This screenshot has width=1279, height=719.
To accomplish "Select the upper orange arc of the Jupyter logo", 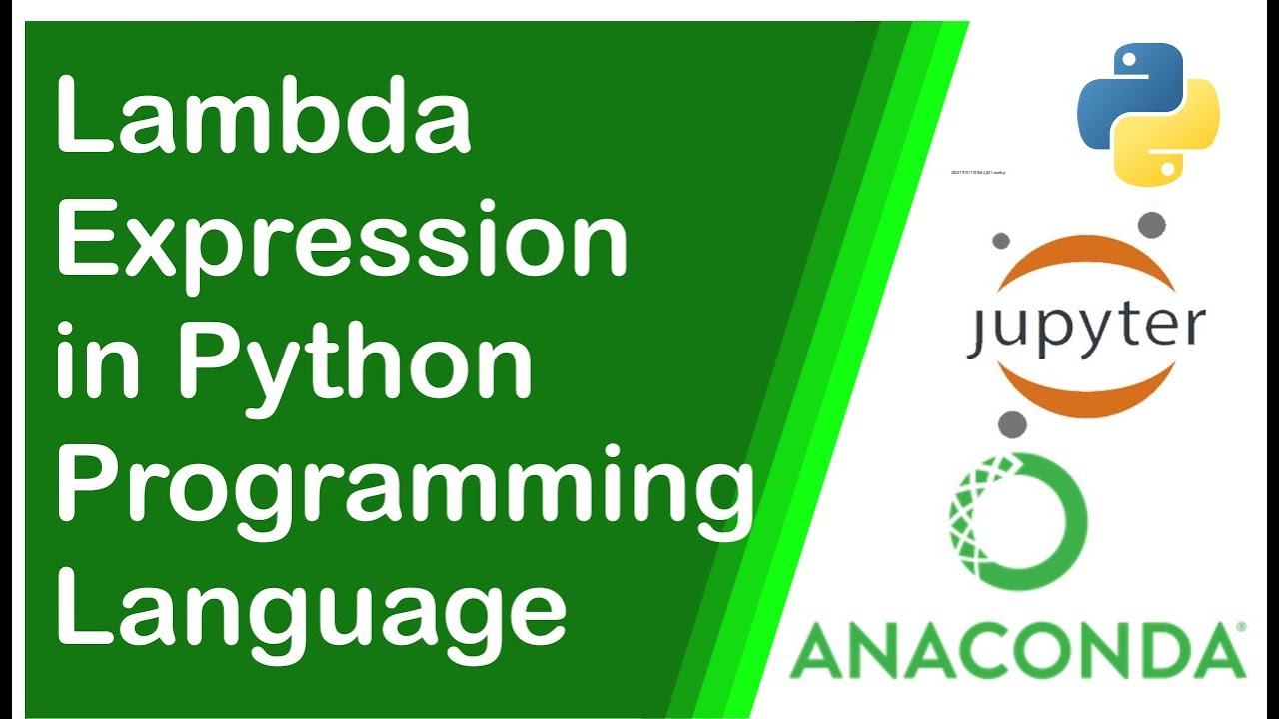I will click(x=1086, y=258).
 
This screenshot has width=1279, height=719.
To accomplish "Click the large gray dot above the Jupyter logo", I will click(x=1152, y=223).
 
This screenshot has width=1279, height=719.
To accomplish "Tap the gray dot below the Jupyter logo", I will click(x=1012, y=423).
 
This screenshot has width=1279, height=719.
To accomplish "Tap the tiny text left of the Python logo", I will click(x=979, y=173).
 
